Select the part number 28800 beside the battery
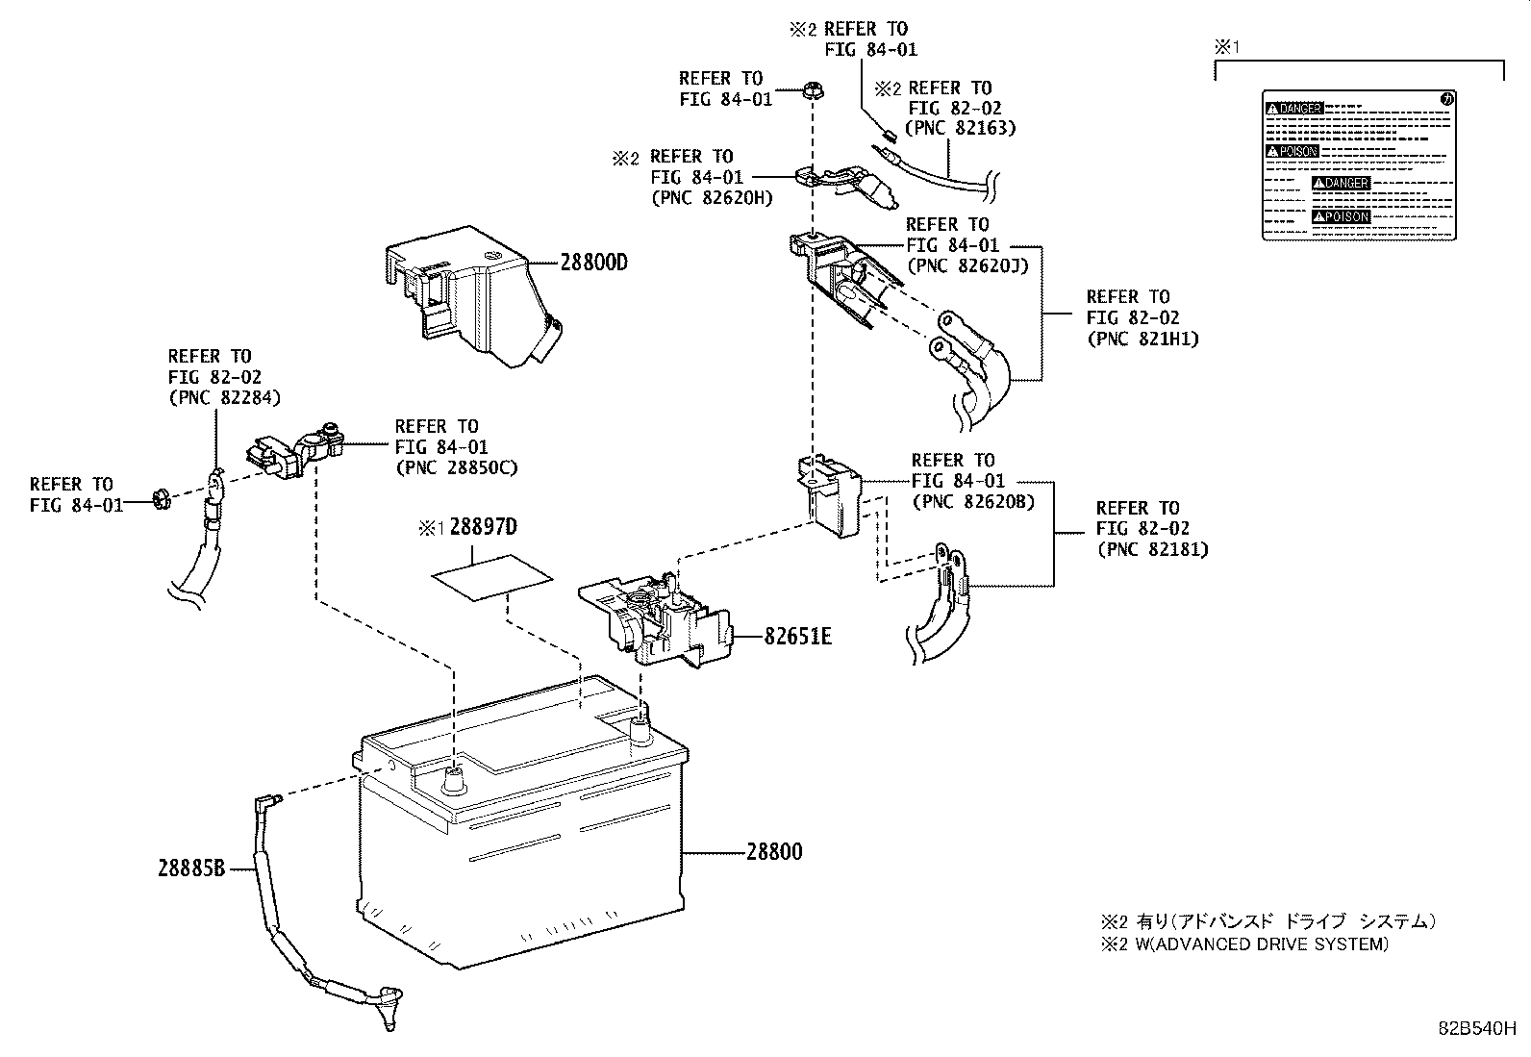(773, 852)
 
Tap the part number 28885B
(191, 868)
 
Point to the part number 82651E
(797, 636)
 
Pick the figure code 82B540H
(1477, 1026)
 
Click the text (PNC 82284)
(224, 398)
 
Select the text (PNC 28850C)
(456, 468)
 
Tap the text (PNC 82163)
(960, 128)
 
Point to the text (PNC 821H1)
(1142, 339)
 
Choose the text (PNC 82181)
(1152, 550)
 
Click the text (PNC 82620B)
(972, 501)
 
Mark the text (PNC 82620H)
(711, 198)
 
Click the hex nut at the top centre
(812, 92)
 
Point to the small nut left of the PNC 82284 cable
(161, 499)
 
